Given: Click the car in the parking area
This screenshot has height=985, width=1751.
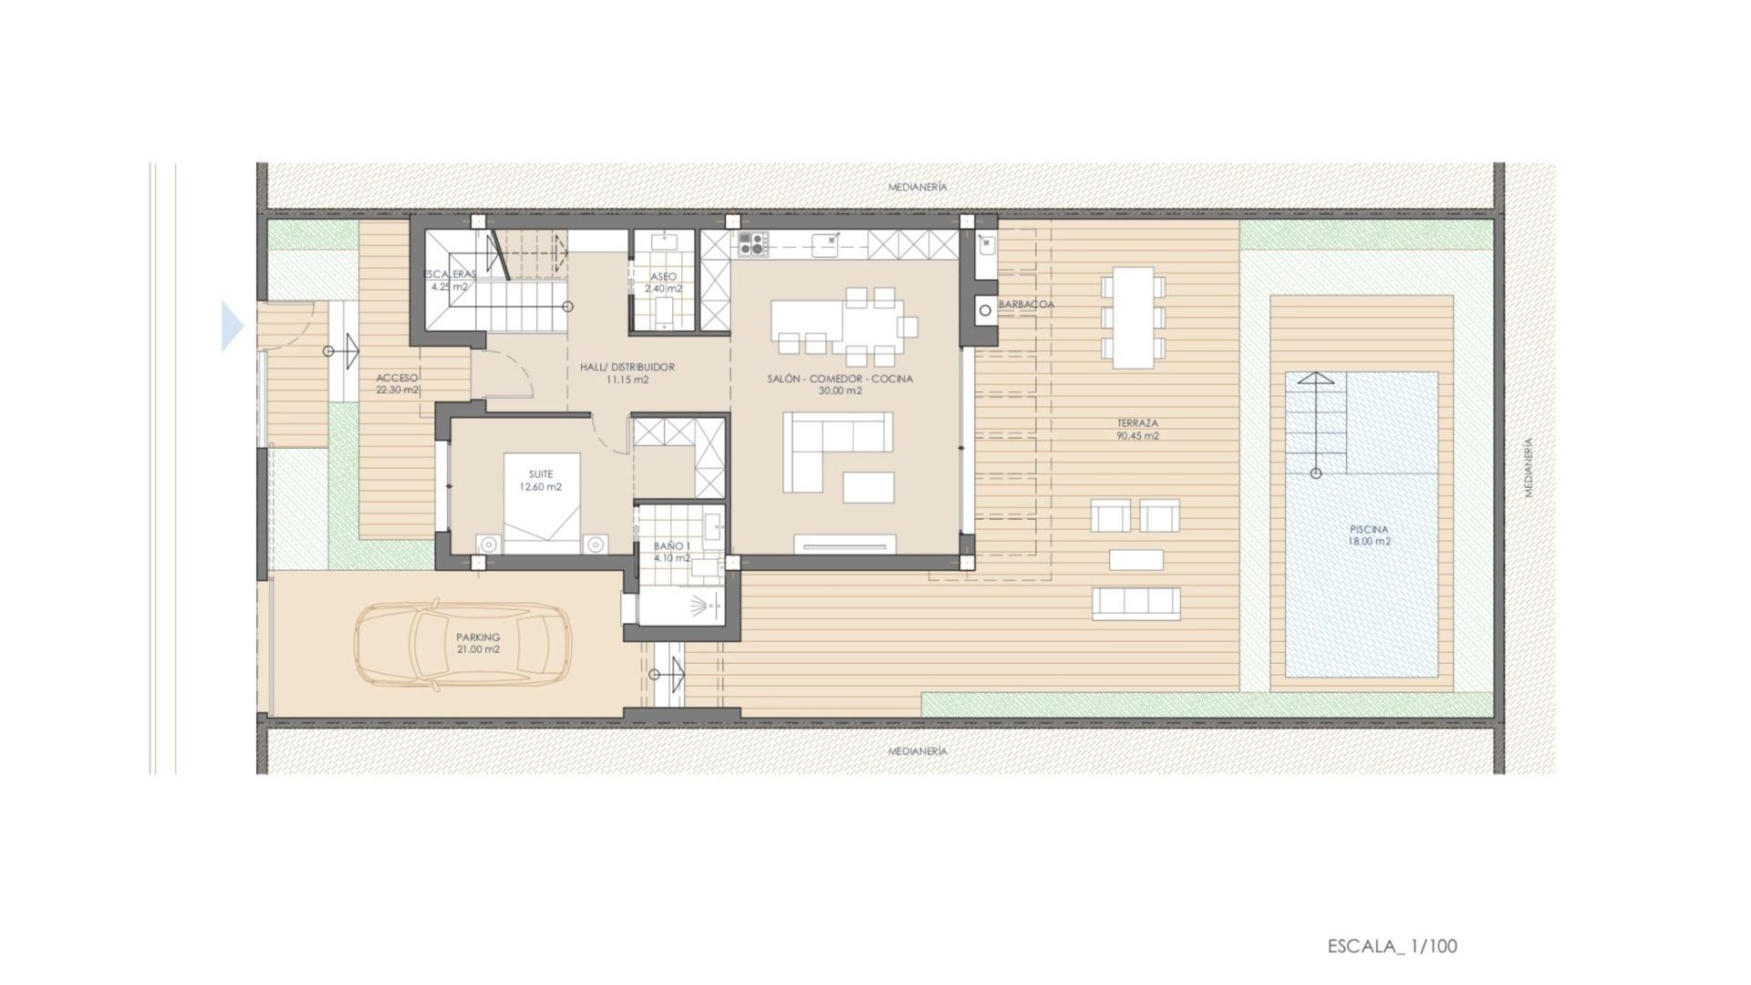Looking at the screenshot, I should click(x=462, y=644).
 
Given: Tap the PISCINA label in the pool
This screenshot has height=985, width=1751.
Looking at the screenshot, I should click(x=1369, y=535).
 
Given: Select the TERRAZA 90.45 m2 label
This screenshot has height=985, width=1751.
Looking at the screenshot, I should click(x=1137, y=430).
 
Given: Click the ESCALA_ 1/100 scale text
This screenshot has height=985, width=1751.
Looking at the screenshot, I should click(x=1392, y=947).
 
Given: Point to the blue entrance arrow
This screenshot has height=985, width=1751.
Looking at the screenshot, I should click(x=232, y=326).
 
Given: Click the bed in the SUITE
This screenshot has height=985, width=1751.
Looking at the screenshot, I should click(x=542, y=503).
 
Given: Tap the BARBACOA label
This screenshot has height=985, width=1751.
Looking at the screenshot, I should click(x=1026, y=305).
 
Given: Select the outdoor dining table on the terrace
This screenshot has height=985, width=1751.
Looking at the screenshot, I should click(x=1133, y=317).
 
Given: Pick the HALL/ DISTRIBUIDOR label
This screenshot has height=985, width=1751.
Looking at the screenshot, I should click(x=627, y=373).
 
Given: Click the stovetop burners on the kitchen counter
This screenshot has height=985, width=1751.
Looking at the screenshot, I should click(x=752, y=244).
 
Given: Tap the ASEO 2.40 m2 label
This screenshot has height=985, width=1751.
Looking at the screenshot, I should click(x=663, y=283).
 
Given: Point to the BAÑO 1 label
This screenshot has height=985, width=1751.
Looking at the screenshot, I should click(x=671, y=552).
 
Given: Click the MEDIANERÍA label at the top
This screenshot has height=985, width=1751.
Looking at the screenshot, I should click(x=917, y=187).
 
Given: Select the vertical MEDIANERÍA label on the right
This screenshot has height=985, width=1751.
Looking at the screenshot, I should click(x=1528, y=467).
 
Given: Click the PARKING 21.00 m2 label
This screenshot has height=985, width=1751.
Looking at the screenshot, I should click(x=478, y=643).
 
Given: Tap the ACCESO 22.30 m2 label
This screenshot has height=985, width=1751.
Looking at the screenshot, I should click(x=398, y=384).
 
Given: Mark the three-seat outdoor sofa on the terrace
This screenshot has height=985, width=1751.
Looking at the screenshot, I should click(x=1135, y=603).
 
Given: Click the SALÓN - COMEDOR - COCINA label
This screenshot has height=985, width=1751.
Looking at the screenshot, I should click(x=839, y=384).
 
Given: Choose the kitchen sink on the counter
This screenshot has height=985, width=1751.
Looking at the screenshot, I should click(x=826, y=243).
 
